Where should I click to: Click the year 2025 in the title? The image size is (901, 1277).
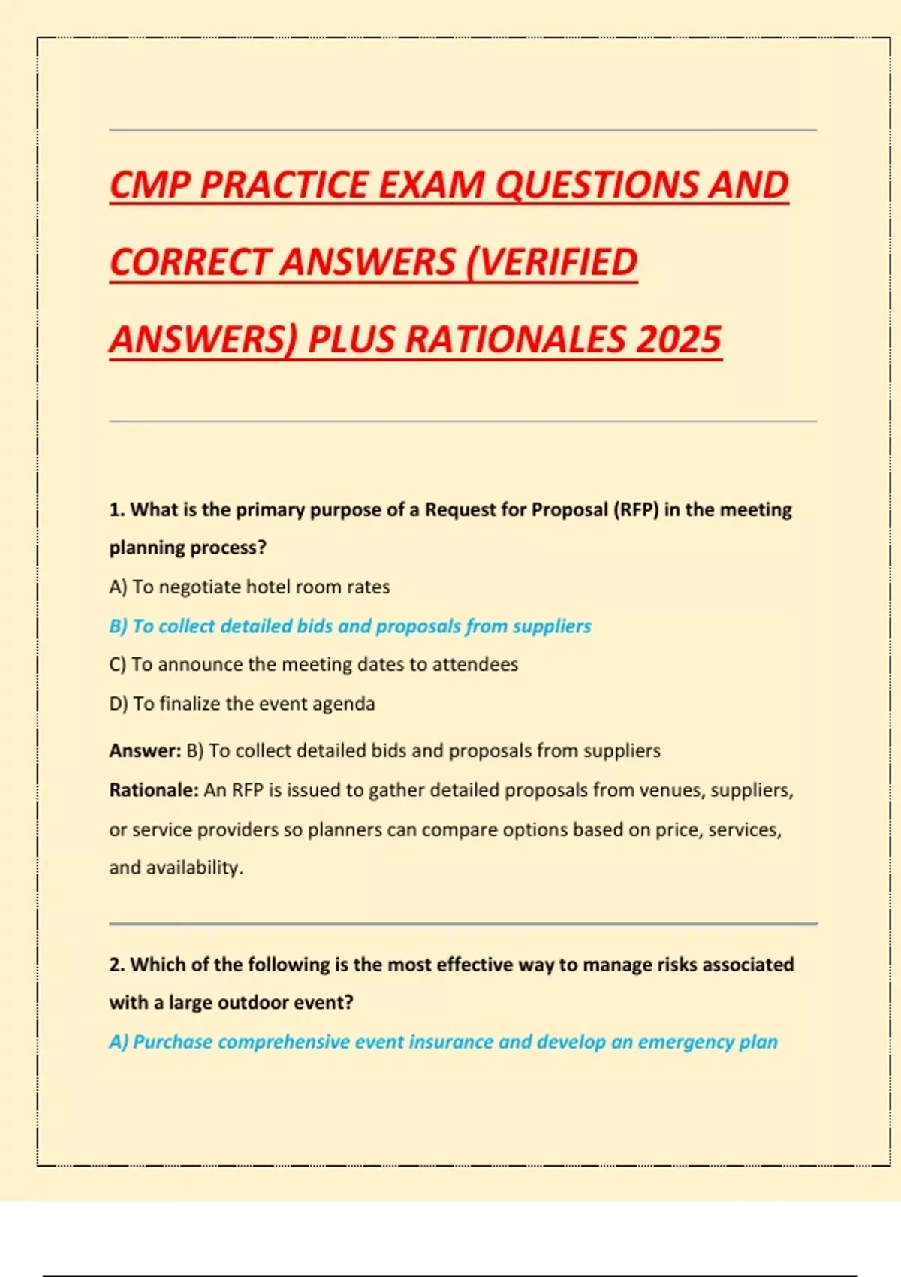click(x=679, y=339)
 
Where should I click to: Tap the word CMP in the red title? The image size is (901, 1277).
click(x=149, y=185)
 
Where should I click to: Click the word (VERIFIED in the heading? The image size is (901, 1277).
click(x=552, y=262)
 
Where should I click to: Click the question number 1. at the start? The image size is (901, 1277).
click(x=117, y=509)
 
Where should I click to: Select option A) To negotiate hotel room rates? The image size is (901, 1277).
click(x=249, y=587)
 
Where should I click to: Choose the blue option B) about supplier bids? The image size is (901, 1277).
click(x=350, y=626)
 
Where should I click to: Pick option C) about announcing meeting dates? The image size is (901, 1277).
click(x=313, y=664)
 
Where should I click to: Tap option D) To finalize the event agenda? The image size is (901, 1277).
click(x=242, y=703)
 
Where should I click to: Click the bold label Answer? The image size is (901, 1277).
click(x=145, y=750)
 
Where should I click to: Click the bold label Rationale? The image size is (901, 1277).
click(x=154, y=790)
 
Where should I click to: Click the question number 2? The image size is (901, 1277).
click(x=117, y=964)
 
